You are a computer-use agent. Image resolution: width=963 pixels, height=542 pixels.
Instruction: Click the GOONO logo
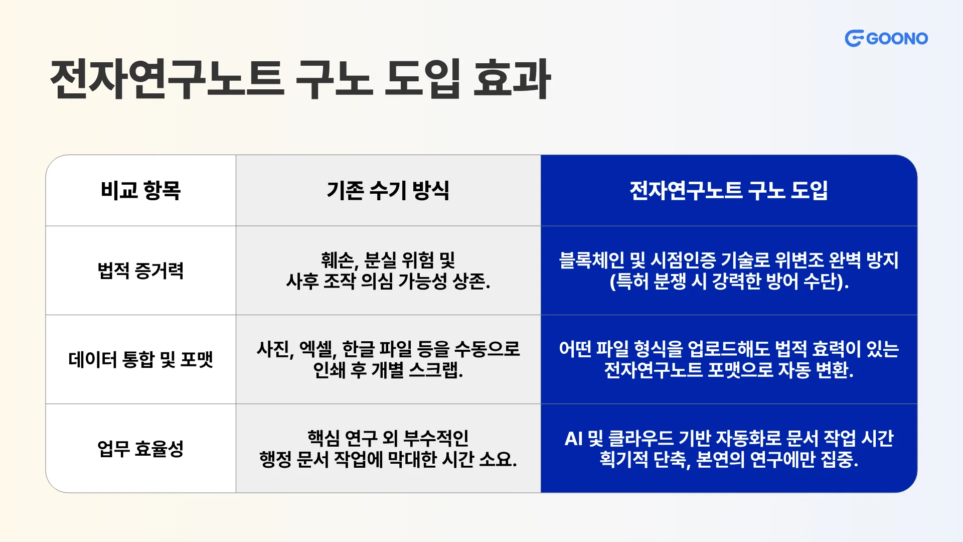(886, 39)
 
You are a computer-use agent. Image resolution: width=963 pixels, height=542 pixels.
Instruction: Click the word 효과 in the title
(512, 79)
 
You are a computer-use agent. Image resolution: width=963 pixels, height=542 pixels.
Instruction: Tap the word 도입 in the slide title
(422, 79)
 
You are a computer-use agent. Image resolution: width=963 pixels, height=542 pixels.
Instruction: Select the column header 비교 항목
(140, 191)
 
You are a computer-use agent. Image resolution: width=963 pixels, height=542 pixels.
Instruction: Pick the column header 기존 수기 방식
(388, 191)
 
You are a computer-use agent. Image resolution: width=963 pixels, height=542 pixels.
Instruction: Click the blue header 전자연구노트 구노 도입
(728, 191)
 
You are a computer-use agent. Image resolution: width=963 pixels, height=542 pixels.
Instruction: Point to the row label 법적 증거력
(140, 271)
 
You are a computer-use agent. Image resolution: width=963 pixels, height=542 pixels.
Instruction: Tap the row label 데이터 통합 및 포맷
(140, 360)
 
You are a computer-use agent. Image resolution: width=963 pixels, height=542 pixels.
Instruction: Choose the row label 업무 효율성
(140, 449)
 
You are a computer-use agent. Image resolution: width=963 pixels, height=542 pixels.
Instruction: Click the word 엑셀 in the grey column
(316, 349)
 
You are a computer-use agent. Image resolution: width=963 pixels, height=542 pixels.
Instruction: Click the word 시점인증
(683, 260)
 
